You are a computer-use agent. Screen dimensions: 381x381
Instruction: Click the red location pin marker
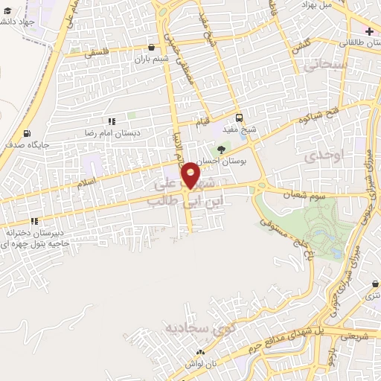tap(190, 176)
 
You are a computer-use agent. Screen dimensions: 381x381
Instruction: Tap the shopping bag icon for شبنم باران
tap(152, 47)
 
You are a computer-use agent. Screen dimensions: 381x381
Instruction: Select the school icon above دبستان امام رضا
tap(112, 121)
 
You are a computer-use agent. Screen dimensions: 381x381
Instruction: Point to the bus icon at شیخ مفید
tap(239, 117)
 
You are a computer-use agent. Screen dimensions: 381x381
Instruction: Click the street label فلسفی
tap(97, 53)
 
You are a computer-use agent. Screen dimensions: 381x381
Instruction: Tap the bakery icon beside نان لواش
tap(199, 353)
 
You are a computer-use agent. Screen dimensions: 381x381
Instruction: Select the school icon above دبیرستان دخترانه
tap(34, 221)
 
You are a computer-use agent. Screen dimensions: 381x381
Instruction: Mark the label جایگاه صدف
tap(26, 144)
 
